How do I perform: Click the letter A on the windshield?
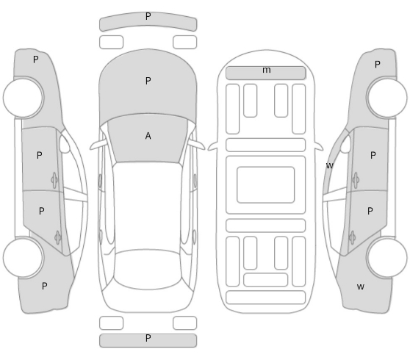pyautogui.click(x=148, y=136)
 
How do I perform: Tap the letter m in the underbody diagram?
pyautogui.click(x=267, y=70)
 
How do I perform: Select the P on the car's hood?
pyautogui.click(x=148, y=81)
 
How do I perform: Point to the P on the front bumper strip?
pyautogui.click(x=148, y=16)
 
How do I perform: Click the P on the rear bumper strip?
pyautogui.click(x=148, y=338)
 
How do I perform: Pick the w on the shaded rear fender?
pyautogui.click(x=361, y=287)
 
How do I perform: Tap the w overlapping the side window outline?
pyautogui.click(x=330, y=165)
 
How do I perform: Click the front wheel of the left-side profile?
pyautogui.click(x=24, y=97)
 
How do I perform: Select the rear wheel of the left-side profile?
pyautogui.click(x=24, y=258)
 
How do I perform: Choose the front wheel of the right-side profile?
pyautogui.click(x=387, y=97)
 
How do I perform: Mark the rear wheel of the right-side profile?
pyautogui.click(x=387, y=258)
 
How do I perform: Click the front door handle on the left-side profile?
pyautogui.click(x=54, y=180)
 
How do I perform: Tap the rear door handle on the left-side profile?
pyautogui.click(x=58, y=237)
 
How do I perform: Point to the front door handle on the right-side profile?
pyautogui.click(x=356, y=180)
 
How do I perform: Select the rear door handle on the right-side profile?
pyautogui.click(x=352, y=237)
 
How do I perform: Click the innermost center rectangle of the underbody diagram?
pyautogui.click(x=266, y=185)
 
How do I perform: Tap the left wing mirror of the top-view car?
pyautogui.click(x=98, y=145)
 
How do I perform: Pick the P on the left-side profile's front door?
pyautogui.click(x=39, y=155)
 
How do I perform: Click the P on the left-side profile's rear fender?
pyautogui.click(x=44, y=287)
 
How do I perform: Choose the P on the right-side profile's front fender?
pyautogui.click(x=378, y=65)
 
